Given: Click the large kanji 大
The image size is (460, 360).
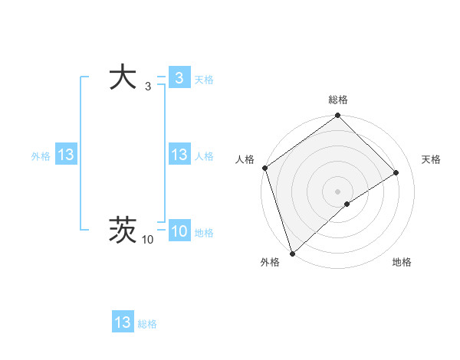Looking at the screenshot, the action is tap(123, 78).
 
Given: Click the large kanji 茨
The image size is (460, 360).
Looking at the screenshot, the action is tap(123, 230).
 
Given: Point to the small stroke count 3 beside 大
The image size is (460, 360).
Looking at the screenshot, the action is tap(148, 89).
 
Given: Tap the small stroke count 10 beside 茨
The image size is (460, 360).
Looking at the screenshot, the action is tap(148, 241).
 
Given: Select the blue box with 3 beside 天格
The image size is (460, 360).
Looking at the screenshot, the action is tap(179, 78).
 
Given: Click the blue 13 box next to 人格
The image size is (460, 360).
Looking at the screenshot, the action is tap(179, 155).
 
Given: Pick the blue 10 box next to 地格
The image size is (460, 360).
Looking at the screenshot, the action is tap(179, 231).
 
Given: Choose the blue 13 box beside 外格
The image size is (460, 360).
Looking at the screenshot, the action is tap(65, 155).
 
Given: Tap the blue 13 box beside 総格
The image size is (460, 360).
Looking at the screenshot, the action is tap(123, 322).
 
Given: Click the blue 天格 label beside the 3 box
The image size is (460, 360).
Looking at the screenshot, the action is tap(204, 80).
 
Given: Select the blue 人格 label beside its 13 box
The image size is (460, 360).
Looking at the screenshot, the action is tap(204, 156).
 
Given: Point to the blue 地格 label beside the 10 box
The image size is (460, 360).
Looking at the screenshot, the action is tap(204, 233).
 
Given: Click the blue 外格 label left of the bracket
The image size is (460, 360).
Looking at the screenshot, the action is tap(41, 156).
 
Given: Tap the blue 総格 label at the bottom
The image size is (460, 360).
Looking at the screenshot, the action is tap(147, 324).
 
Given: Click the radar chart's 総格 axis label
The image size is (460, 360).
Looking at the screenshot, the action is tap(338, 100).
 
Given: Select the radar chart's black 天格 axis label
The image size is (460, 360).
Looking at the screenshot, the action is tap(431, 159).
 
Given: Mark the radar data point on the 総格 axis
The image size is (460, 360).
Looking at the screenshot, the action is tap(338, 116).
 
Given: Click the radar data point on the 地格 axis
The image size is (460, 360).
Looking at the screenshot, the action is tap(347, 204).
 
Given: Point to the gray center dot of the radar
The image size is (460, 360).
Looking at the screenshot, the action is tap(338, 191).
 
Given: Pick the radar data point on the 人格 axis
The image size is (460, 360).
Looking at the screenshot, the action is tap(264, 168).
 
